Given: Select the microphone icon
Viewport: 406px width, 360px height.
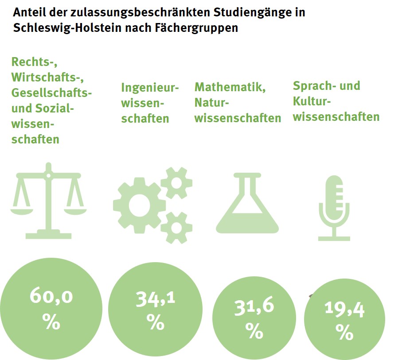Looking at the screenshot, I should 334,207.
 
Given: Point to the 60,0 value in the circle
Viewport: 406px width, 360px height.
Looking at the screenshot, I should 51,296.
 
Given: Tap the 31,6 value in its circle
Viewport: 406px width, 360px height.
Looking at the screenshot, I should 254,307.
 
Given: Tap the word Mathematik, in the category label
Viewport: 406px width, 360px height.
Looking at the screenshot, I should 230,87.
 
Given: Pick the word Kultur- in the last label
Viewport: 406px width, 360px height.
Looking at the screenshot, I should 312,101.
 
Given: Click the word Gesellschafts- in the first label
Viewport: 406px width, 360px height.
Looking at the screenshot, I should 52,93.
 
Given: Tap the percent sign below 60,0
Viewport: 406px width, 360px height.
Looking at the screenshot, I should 51,322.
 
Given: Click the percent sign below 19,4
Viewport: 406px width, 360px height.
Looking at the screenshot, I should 344,332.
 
